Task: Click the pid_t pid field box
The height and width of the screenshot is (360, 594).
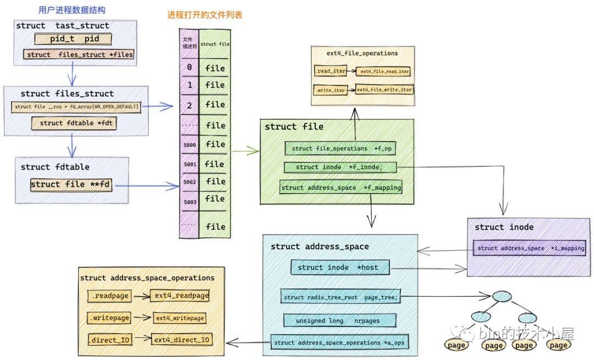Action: (73, 39)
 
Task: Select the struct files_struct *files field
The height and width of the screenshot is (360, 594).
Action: (79, 54)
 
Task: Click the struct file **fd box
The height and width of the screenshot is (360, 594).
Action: (71, 184)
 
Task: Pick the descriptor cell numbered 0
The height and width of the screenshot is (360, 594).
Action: (189, 68)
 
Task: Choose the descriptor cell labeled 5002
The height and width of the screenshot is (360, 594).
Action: (189, 182)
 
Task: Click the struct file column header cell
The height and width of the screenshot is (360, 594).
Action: (215, 44)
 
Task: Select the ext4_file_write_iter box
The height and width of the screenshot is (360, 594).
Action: (384, 89)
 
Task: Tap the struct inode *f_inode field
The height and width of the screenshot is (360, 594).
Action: (340, 167)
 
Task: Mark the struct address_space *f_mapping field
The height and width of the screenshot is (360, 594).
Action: (340, 188)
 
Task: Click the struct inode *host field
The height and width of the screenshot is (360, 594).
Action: (341, 267)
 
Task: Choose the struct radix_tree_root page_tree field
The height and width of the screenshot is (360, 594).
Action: (340, 297)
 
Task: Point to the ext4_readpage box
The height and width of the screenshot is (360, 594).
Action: (182, 296)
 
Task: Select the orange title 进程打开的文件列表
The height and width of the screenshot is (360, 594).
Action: (205, 15)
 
